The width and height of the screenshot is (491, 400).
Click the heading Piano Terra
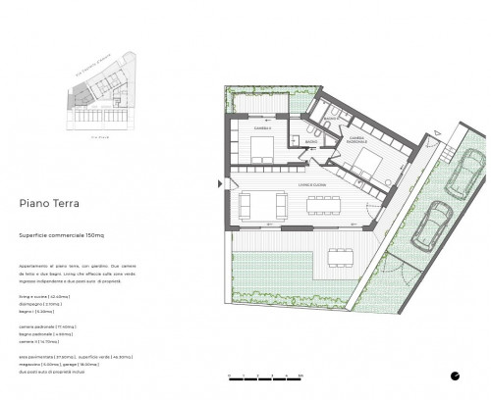click(50, 205)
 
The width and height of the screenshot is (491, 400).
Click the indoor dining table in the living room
click(321, 204)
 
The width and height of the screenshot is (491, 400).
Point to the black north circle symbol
click(454, 375)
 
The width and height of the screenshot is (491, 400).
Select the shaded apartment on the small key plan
click(78, 95)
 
